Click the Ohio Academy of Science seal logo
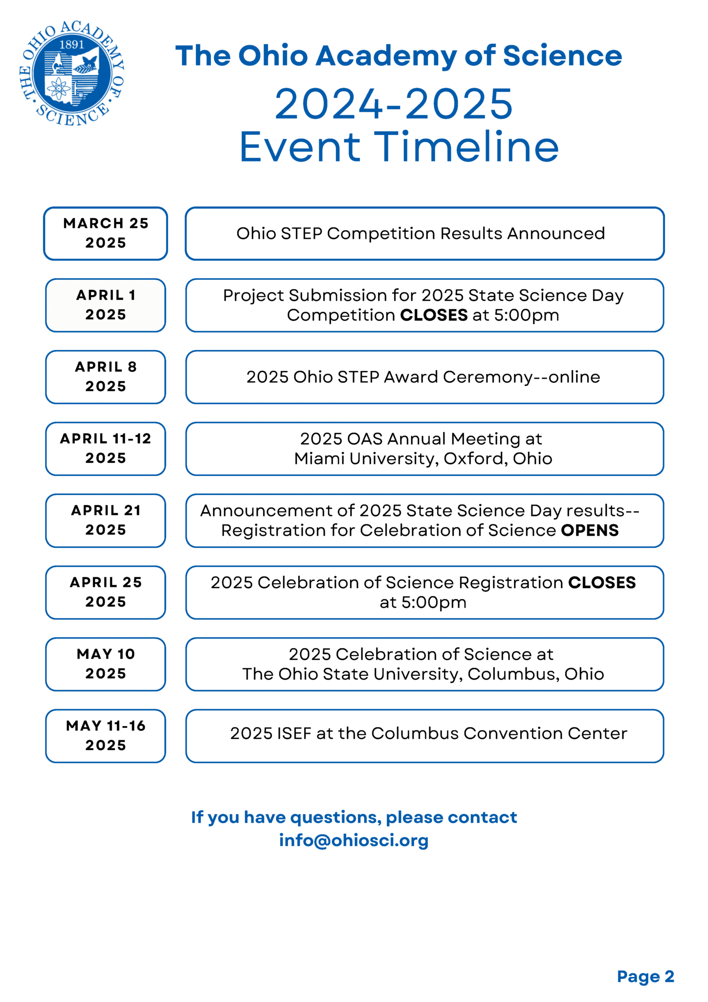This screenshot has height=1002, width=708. (71, 74)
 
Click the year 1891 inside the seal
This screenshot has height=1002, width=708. (71, 45)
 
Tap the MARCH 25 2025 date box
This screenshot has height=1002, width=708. (106, 233)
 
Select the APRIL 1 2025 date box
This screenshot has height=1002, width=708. (106, 305)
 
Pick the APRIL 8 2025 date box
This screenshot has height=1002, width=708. (106, 377)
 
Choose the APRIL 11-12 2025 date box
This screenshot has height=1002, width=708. (106, 449)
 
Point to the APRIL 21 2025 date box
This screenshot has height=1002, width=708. (106, 521)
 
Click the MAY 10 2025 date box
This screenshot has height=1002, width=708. (106, 664)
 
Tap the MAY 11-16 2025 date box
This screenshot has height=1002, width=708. (106, 736)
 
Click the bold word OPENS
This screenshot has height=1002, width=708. (590, 530)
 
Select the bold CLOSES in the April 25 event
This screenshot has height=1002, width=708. (602, 583)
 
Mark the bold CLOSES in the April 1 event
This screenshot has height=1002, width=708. (434, 316)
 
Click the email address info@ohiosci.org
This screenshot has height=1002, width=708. (354, 840)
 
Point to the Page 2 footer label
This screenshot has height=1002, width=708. (645, 976)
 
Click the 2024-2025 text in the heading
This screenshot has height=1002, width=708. (394, 104)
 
